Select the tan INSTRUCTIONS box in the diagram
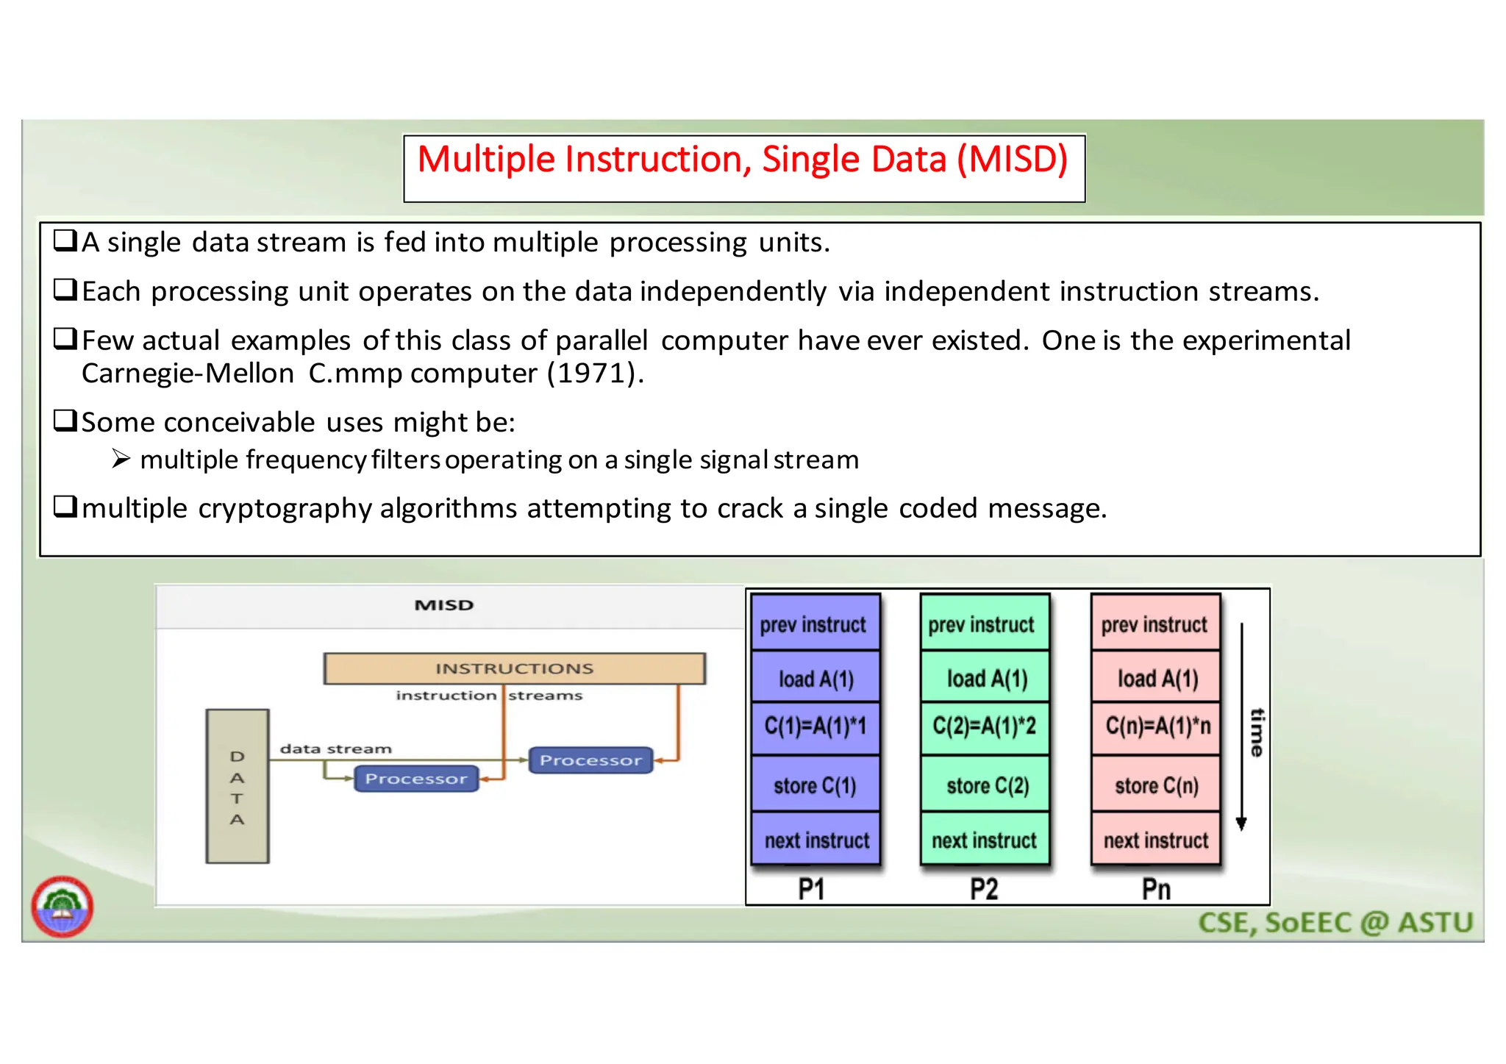(x=514, y=668)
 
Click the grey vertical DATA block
(x=237, y=786)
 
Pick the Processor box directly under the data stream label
(x=416, y=779)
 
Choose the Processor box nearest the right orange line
(x=590, y=760)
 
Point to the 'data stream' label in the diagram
(x=335, y=749)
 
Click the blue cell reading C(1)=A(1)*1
(x=815, y=726)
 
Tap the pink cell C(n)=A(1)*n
(x=1157, y=726)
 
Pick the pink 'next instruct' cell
(x=1155, y=840)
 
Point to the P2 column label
(x=984, y=889)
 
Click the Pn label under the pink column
(x=1156, y=889)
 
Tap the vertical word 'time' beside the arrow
(x=1257, y=732)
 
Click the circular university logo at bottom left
(x=63, y=907)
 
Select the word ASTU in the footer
(x=1435, y=923)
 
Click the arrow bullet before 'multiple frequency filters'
(x=121, y=460)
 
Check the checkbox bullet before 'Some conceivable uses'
(x=65, y=421)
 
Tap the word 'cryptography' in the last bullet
(x=285, y=509)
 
